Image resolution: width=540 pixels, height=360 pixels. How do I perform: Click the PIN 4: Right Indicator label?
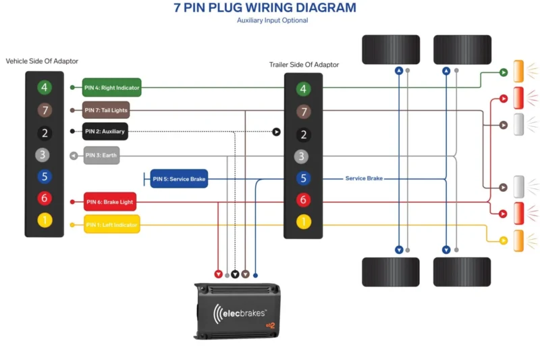click(112, 88)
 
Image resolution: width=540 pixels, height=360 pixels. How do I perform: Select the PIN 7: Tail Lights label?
click(106, 110)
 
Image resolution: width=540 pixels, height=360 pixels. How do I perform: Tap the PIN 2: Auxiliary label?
click(105, 132)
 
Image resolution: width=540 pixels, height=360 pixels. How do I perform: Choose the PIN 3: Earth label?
click(101, 155)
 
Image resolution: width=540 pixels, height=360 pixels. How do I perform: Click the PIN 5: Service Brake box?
click(179, 179)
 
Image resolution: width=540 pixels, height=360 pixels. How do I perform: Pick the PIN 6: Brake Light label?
click(110, 201)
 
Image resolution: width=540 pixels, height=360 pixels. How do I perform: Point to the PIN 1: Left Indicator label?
click(111, 224)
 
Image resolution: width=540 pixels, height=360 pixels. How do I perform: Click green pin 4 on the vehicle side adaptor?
click(45, 87)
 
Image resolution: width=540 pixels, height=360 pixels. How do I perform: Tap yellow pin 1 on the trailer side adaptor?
click(304, 221)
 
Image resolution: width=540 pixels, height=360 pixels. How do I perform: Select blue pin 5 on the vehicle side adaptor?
click(45, 177)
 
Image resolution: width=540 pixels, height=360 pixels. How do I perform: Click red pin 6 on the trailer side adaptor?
click(304, 199)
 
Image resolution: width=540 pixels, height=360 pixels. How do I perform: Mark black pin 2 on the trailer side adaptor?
click(304, 134)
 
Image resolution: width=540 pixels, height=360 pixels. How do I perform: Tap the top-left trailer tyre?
click(391, 50)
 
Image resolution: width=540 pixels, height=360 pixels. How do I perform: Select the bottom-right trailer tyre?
click(462, 272)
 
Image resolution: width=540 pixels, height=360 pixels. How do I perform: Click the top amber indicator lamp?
click(519, 72)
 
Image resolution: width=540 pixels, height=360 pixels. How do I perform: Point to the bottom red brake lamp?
click(519, 213)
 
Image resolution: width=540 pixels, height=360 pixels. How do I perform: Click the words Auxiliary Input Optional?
click(272, 21)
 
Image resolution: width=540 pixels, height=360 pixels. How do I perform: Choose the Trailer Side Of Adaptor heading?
click(304, 65)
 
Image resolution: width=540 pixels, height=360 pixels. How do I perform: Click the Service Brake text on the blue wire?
click(364, 178)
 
